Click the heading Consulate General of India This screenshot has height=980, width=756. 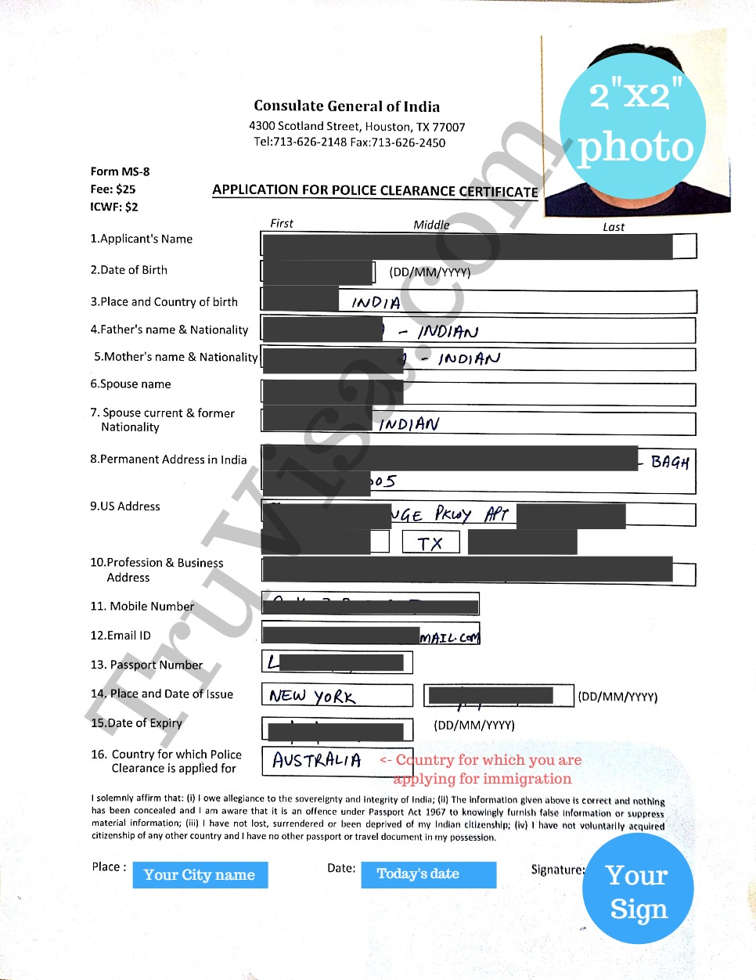tap(346, 106)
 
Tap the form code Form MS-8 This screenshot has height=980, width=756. tap(120, 171)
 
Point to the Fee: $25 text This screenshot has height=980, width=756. tap(113, 189)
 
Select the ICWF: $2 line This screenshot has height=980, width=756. tap(114, 207)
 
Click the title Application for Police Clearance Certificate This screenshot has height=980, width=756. tap(375, 191)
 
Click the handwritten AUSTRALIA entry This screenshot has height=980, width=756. tap(317, 760)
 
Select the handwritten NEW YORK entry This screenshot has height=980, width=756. tap(311, 696)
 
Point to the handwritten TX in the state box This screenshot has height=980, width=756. tap(430, 543)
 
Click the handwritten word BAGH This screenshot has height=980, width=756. tap(670, 462)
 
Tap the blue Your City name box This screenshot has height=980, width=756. tap(200, 875)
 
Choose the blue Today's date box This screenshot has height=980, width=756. tap(428, 874)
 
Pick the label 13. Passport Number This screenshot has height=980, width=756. tap(146, 665)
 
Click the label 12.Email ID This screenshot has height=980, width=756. tap(121, 636)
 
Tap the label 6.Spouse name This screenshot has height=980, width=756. tap(130, 384)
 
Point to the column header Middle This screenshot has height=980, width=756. tap(431, 225)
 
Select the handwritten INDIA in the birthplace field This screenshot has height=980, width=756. tap(376, 303)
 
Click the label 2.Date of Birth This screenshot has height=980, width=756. tap(128, 270)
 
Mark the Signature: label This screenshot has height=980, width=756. tap(557, 870)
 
